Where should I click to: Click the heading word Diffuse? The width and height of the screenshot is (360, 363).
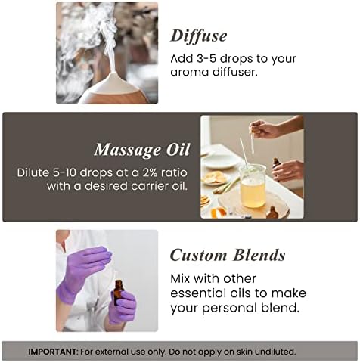click(x=199, y=36)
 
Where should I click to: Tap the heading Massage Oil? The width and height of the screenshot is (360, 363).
click(x=142, y=150)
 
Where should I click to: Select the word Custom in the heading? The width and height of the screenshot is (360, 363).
click(x=199, y=255)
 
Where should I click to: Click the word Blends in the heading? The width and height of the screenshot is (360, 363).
click(x=259, y=255)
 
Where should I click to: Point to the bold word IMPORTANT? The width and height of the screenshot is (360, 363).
click(x=52, y=352)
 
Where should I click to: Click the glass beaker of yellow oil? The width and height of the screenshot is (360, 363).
click(x=253, y=186)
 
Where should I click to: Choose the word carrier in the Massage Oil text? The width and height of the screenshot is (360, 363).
click(x=151, y=187)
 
